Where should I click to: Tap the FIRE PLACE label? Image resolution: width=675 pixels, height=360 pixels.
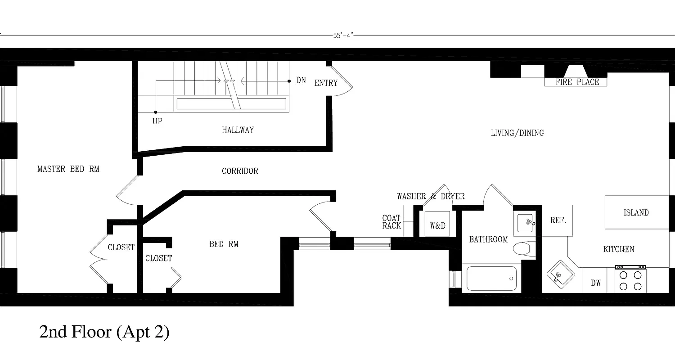click(x=577, y=82)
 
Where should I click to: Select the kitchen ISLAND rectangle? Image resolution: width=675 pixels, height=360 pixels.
click(x=636, y=212)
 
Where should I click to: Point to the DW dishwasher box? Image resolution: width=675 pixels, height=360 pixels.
click(x=596, y=283)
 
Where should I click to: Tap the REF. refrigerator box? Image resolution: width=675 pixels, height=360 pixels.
click(x=558, y=220)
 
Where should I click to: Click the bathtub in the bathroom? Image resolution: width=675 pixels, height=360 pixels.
click(x=491, y=279)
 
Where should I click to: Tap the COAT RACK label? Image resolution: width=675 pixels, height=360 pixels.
click(x=391, y=222)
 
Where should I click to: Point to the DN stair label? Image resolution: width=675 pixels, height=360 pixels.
click(x=301, y=81)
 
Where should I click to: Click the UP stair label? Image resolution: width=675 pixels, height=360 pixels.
click(x=157, y=121)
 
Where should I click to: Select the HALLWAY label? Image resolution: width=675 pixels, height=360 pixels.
click(x=238, y=130)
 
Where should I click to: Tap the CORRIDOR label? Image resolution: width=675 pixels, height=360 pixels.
click(x=240, y=171)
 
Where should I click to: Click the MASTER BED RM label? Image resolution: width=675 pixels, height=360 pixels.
click(x=68, y=169)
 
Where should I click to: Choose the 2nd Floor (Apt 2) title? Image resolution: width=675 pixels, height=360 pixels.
click(x=104, y=332)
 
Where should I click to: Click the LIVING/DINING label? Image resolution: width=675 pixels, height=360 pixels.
click(x=517, y=133)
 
